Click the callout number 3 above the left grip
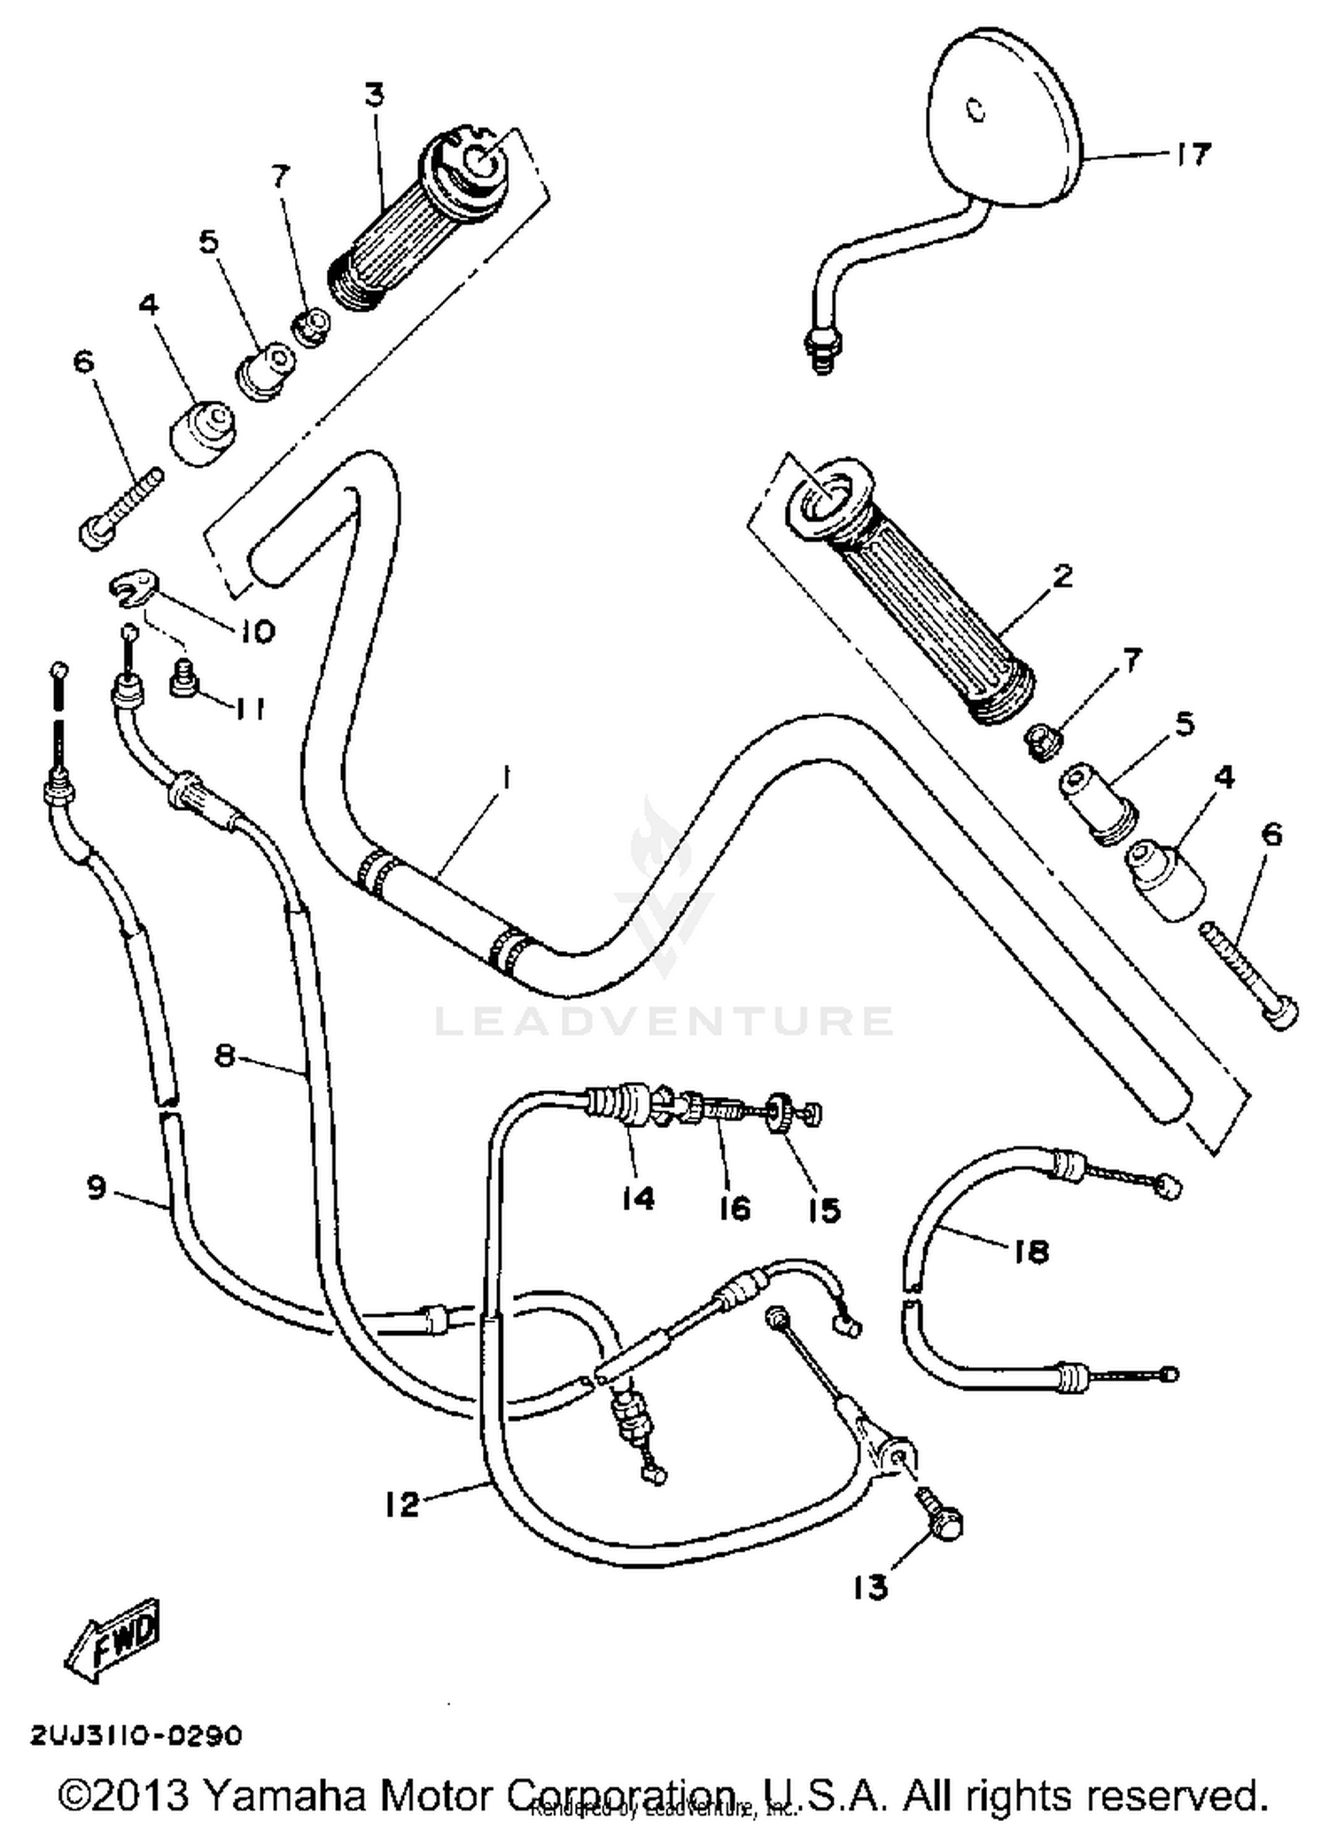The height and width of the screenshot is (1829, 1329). click(x=375, y=95)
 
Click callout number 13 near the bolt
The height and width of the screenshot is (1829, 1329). click(x=869, y=1588)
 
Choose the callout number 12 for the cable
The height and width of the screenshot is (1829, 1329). click(x=401, y=1504)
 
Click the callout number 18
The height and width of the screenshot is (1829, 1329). click(x=1030, y=1251)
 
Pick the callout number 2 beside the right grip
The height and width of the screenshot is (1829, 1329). click(x=1062, y=576)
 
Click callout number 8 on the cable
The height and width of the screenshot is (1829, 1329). click(x=225, y=1055)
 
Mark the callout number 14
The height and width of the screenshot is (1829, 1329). click(x=637, y=1198)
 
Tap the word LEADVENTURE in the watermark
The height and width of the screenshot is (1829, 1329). click(x=664, y=1020)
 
